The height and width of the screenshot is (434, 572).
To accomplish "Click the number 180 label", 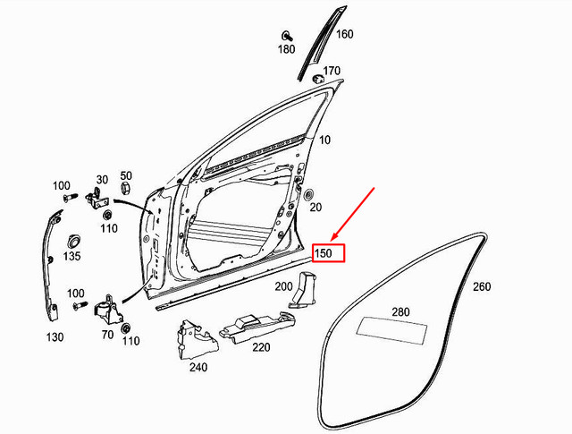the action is pyautogui.click(x=286, y=49).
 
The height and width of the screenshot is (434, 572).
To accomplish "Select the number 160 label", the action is pyautogui.click(x=344, y=35).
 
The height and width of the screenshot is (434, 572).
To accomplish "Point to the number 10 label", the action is pyautogui.click(x=324, y=140).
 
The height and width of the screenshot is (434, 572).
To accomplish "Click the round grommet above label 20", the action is pyautogui.click(x=309, y=193).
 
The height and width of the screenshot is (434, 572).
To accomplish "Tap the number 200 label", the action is pyautogui.click(x=283, y=286).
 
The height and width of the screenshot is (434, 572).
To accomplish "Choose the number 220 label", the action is pyautogui.click(x=261, y=346).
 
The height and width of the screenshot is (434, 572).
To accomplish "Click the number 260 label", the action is pyautogui.click(x=482, y=287).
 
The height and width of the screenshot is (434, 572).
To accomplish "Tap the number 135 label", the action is pyautogui.click(x=72, y=257).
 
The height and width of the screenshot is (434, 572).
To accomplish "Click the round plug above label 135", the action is pyautogui.click(x=72, y=240).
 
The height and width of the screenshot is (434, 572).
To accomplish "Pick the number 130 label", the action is pyautogui.click(x=55, y=337).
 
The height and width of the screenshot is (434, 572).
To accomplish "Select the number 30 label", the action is pyautogui.click(x=102, y=179).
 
